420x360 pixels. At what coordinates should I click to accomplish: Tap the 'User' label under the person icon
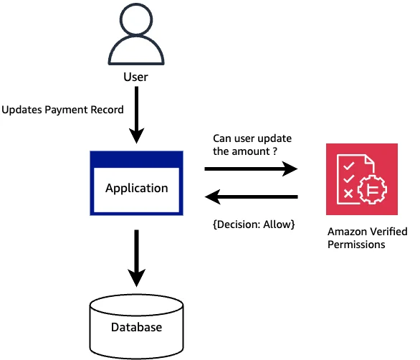tap(135, 77)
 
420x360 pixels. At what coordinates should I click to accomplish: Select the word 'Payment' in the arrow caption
tap(66, 110)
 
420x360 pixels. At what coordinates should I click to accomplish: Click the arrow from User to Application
tap(137, 115)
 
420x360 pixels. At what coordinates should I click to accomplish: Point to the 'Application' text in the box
tap(137, 188)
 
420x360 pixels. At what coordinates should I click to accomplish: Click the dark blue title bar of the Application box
tap(137, 159)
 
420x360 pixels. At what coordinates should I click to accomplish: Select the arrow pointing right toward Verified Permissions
tap(251, 169)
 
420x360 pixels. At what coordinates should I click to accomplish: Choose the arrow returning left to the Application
tap(251, 197)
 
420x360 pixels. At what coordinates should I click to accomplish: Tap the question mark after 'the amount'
tap(275, 151)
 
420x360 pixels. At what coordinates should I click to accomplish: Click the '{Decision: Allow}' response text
tap(254, 224)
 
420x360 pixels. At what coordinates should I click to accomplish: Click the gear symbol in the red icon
tap(372, 189)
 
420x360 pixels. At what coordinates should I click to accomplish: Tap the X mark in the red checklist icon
tap(348, 194)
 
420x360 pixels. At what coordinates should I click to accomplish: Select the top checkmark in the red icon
tap(349, 166)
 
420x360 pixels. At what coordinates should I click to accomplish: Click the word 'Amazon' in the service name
tap(345, 232)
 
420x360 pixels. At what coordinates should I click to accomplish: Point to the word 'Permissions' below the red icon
tap(356, 245)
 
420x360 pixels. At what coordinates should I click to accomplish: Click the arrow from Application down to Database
tap(137, 258)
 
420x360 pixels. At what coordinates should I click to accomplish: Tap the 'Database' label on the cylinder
tap(137, 327)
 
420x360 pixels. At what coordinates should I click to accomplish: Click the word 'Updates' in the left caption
tap(22, 110)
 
